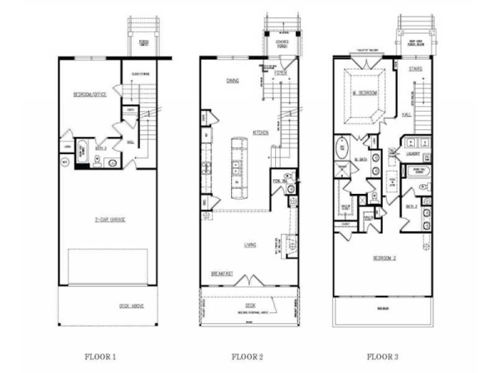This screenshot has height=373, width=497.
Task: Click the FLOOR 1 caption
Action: pos(100,357)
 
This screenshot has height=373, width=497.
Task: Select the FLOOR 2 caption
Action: pos(246,357)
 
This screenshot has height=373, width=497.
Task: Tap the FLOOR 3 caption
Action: pos(382,357)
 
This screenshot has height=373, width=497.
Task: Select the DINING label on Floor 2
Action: pos(233,81)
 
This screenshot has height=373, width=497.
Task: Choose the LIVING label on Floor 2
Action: pos(249,245)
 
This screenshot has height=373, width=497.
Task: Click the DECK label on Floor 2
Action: pos(249,305)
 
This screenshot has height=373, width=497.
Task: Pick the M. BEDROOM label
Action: pos(365,94)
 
